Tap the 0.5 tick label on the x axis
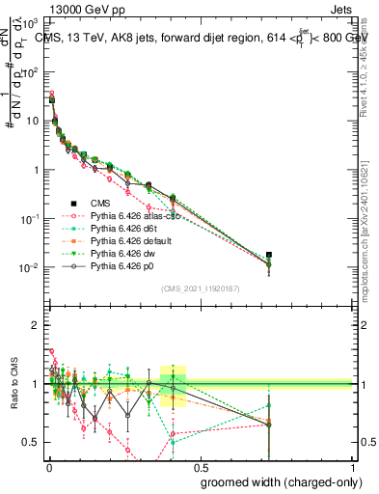[x=200, y=467]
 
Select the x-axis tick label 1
[x=353, y=467]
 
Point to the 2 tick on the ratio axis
[x=35, y=325]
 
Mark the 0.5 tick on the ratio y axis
[x=31, y=442]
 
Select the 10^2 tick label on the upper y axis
[x=29, y=71]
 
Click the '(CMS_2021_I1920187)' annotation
[x=200, y=287]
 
